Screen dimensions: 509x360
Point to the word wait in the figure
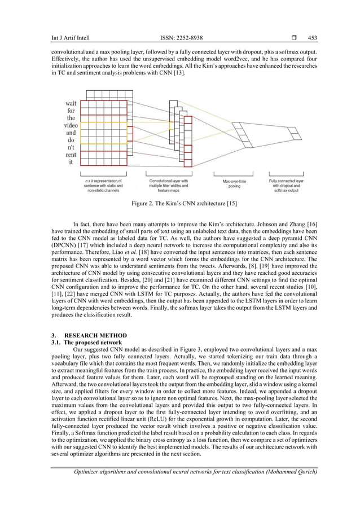(71, 103)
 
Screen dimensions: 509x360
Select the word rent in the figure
(71, 155)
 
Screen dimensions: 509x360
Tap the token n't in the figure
(71, 147)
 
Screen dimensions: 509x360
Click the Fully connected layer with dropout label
(286, 181)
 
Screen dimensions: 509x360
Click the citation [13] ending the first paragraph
(186, 73)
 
